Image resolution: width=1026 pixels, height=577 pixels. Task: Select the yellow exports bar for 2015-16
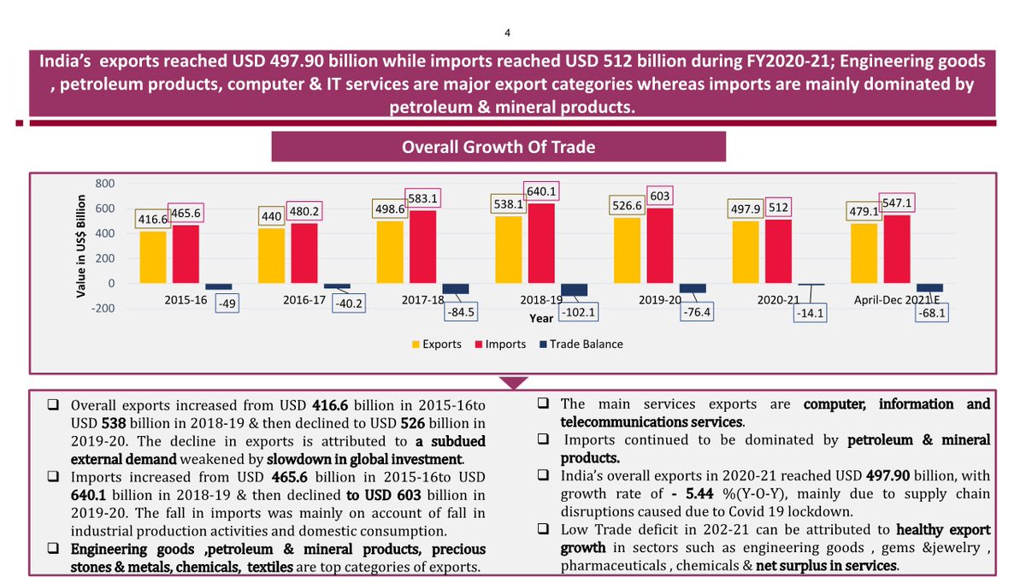click(154, 257)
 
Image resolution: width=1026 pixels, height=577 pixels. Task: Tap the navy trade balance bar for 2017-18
click(456, 289)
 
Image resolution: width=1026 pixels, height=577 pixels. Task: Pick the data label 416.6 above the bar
click(151, 220)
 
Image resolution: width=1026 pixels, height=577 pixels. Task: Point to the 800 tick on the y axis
click(104, 184)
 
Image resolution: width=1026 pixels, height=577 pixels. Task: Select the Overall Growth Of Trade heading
click(498, 147)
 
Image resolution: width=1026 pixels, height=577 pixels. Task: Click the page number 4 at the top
click(507, 33)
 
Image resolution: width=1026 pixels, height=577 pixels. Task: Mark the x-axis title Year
click(540, 318)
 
